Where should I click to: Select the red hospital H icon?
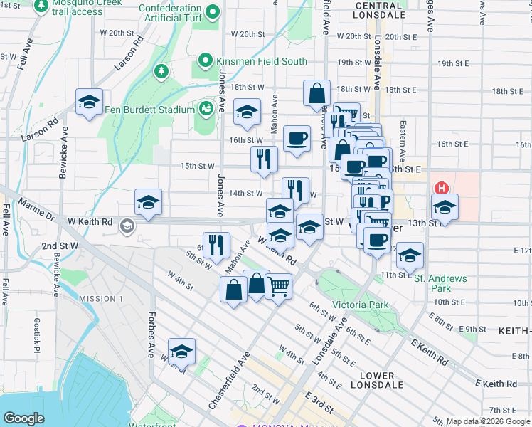(441, 189)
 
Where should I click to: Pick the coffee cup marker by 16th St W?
(297, 138)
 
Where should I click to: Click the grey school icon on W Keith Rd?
(127, 226)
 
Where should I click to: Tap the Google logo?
(23, 418)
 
